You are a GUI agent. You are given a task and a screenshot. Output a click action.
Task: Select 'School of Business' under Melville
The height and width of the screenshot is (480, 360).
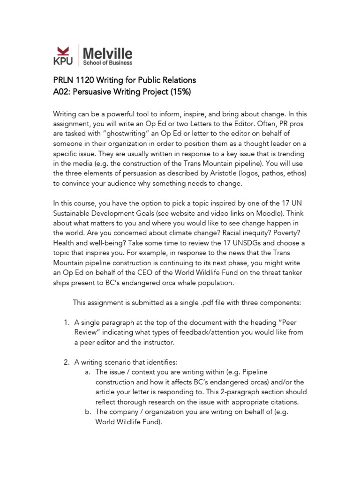pos(107,62)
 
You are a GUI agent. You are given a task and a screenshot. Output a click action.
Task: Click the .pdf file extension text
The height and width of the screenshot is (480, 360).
pos(209,303)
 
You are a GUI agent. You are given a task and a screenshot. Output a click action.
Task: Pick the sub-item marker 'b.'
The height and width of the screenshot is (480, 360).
pos(88,412)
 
